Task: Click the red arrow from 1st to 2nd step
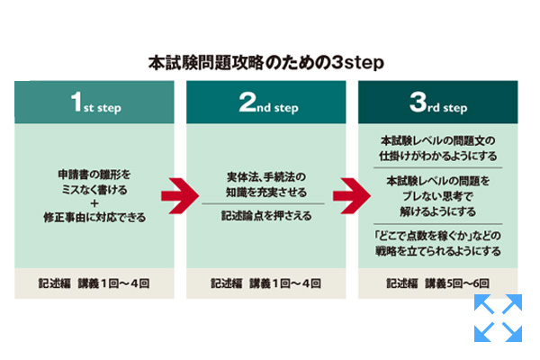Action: tap(173, 193)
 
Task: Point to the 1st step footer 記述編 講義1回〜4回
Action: tap(94, 283)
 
